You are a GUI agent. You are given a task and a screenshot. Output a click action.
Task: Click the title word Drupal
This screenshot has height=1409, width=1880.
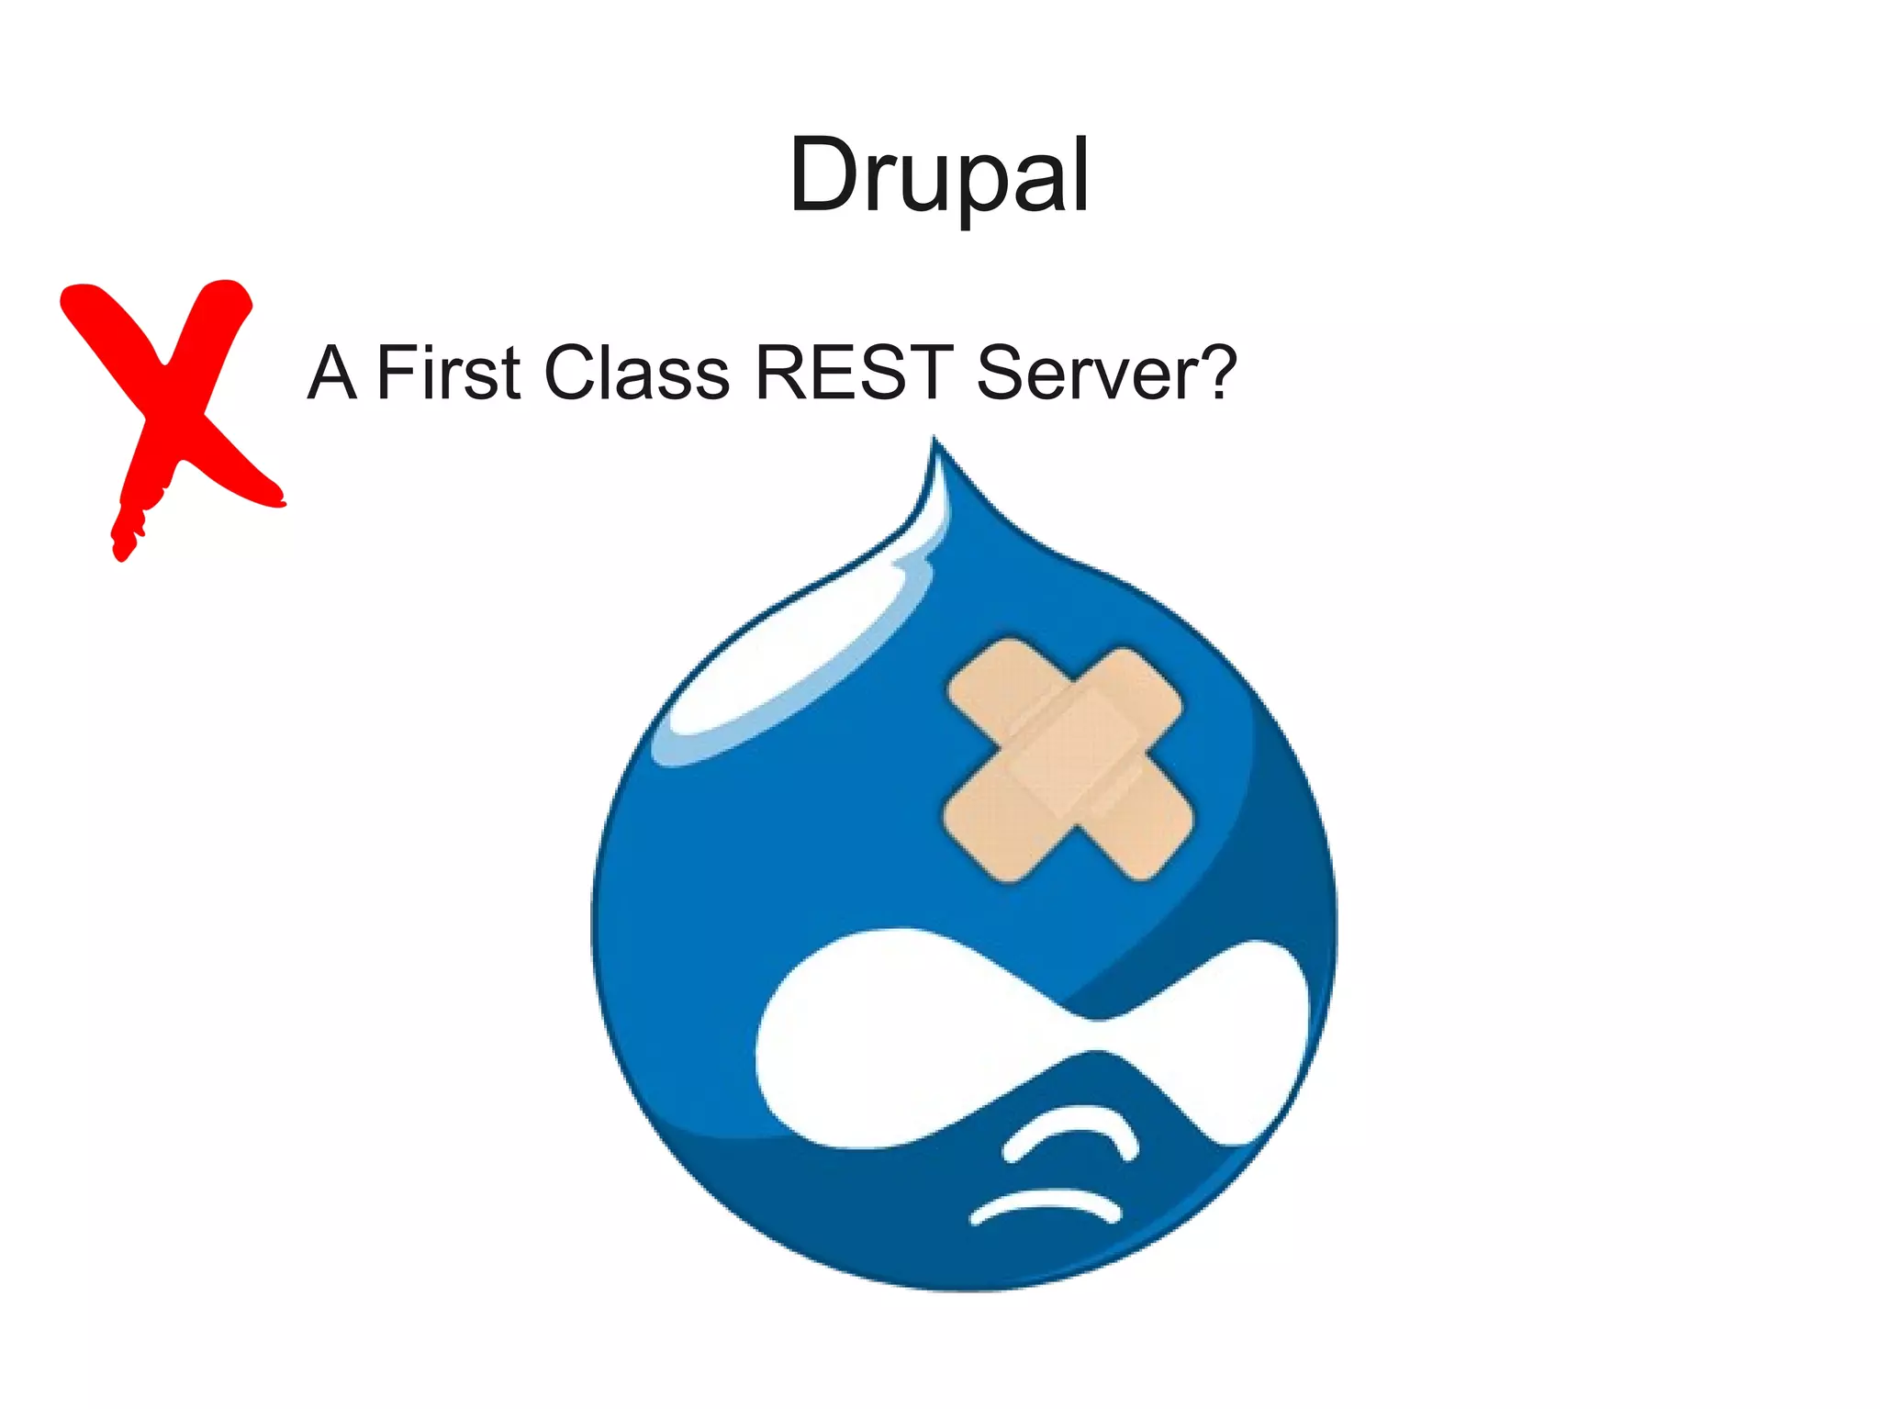click(x=939, y=174)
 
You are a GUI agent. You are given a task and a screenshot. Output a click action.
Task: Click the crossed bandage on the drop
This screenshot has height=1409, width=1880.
click(x=1068, y=761)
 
